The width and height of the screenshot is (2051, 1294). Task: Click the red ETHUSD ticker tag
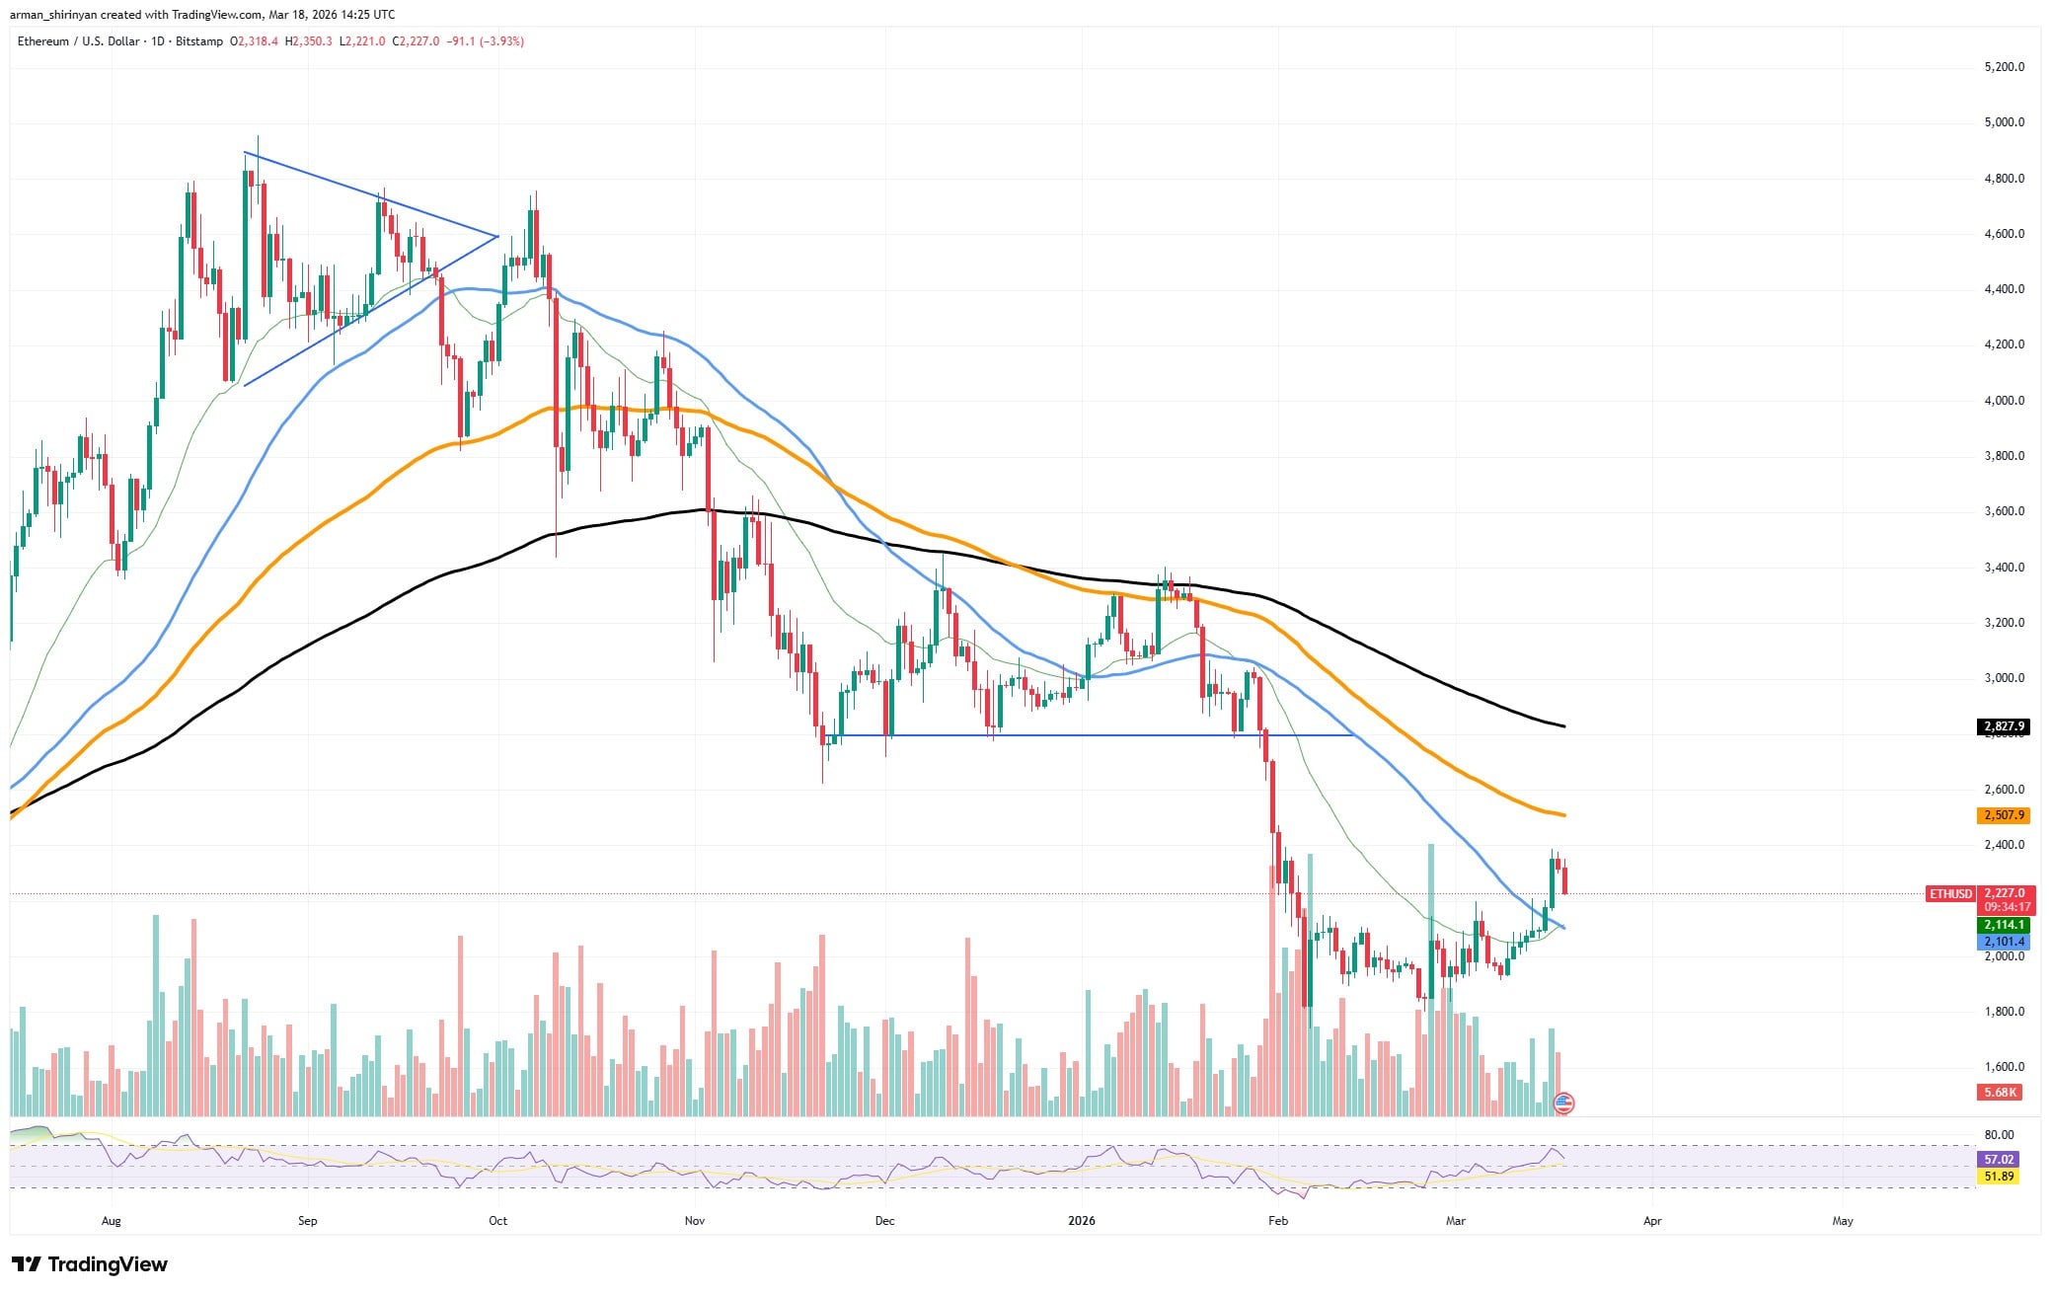pos(1950,893)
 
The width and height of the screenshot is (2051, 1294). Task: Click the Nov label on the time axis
pos(695,1221)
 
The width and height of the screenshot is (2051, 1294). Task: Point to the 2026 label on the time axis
pos(1083,1221)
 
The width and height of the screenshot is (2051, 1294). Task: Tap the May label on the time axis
pos(1842,1221)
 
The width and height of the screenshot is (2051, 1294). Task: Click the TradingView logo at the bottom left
pos(90,1264)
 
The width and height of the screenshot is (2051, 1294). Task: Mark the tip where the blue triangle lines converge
pos(498,236)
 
